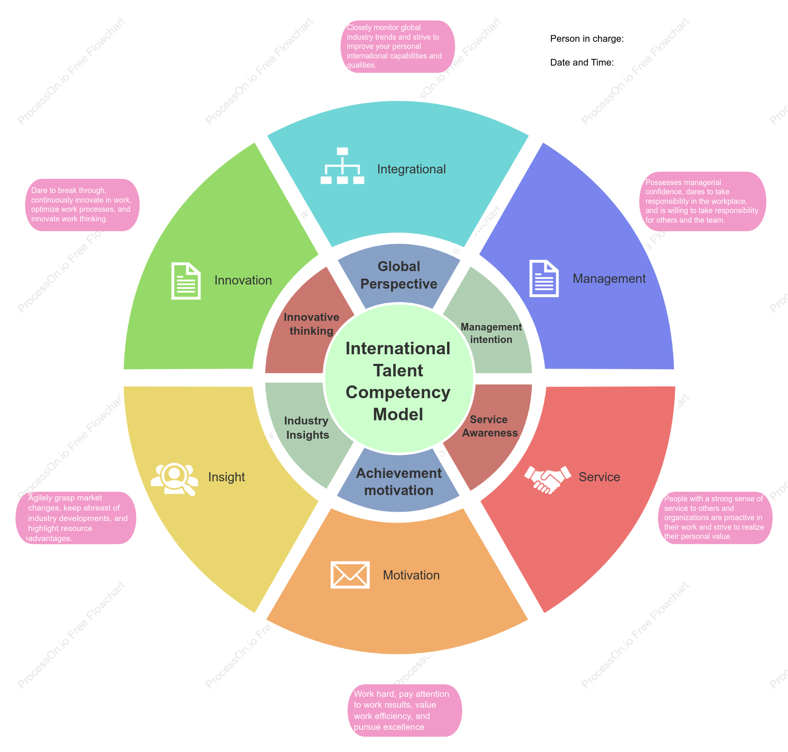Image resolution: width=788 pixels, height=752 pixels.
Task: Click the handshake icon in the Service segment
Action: pos(548,480)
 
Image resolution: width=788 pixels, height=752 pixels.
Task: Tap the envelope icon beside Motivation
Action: pos(350,575)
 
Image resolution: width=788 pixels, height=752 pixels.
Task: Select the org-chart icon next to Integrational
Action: pos(342,166)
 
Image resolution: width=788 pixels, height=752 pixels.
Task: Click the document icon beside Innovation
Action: pos(186,281)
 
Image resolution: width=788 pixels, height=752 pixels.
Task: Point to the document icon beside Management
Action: pos(544,278)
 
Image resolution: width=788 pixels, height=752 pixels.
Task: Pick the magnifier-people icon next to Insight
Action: pos(175,479)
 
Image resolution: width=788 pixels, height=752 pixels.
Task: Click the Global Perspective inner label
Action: pos(399,275)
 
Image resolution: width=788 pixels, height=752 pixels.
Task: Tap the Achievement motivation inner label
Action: pos(399,482)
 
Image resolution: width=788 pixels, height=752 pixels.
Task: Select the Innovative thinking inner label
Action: pos(311,324)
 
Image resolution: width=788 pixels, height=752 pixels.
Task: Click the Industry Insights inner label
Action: pos(307,428)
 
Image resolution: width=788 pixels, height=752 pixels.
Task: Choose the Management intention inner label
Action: pos(491,333)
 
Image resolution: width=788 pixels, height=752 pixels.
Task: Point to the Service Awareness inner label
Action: pos(490,426)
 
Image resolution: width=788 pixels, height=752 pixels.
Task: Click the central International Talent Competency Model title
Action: pos(398,381)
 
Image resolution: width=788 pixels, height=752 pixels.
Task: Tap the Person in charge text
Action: pos(587,39)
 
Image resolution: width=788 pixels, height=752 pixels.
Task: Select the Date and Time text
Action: pos(582,63)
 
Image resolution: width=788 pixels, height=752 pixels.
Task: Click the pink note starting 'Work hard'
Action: pos(405,710)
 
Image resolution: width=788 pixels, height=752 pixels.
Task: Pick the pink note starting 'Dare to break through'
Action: pos(82,205)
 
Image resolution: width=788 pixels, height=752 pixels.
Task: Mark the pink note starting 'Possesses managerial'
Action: pos(703,201)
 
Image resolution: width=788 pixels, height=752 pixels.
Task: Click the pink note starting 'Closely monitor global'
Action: pos(398,46)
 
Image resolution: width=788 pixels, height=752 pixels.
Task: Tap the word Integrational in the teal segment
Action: pos(412,169)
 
